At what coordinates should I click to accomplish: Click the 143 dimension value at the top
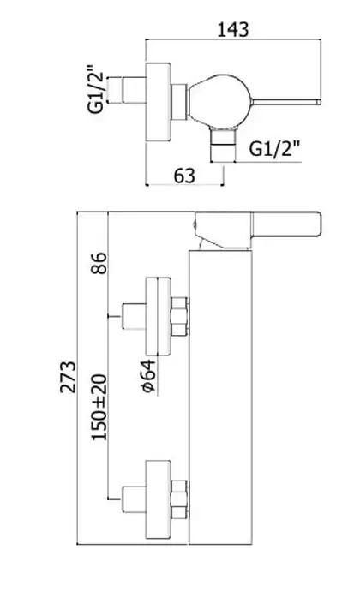tap(233, 29)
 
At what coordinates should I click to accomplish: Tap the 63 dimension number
tap(184, 176)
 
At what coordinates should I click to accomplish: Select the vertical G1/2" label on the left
tap(95, 90)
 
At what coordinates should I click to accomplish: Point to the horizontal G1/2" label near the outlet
tap(275, 149)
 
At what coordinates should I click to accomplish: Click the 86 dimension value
tap(99, 263)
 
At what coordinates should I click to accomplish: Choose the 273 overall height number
tap(68, 377)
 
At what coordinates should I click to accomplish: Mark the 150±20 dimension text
tap(99, 407)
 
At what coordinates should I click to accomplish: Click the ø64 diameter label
tap(148, 376)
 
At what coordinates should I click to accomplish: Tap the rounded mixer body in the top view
tap(219, 101)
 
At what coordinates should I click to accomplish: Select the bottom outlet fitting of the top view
tap(223, 144)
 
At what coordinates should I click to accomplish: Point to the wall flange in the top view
tap(158, 102)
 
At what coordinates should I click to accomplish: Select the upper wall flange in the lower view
tap(158, 317)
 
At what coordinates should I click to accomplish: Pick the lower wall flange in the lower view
tap(158, 499)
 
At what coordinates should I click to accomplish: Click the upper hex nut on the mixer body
tap(179, 317)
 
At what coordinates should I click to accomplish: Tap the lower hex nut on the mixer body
tap(179, 499)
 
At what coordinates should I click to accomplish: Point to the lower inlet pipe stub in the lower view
tap(134, 499)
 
